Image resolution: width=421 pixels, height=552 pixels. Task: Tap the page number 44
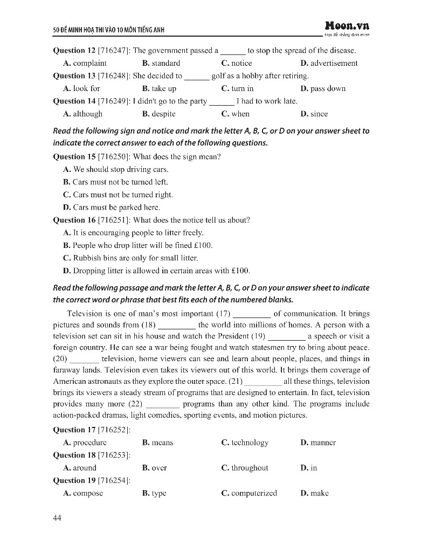coord(58,518)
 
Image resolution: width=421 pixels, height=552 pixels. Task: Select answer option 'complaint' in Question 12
coord(89,63)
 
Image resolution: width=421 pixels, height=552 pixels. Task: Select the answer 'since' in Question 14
coord(319,114)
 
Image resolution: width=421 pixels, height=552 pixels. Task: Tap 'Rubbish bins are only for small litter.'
coord(135,258)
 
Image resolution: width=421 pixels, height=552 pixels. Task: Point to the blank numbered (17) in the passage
coord(251,314)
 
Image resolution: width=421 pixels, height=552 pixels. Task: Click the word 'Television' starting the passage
coord(85,314)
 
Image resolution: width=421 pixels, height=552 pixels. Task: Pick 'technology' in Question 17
coord(250,443)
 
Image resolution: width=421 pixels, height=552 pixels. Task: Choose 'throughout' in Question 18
coord(250,468)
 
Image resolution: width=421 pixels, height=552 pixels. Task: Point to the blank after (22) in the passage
coord(162,404)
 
